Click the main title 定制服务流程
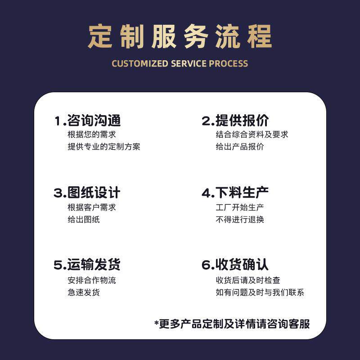pyautogui.click(x=180, y=36)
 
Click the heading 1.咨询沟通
pyautogui.click(x=87, y=121)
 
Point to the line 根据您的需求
pyautogui.click(x=92, y=135)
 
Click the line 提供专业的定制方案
pyautogui.click(x=104, y=147)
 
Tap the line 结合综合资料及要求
pyautogui.click(x=252, y=135)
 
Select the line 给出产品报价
pyautogui.click(x=240, y=147)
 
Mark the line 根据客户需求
pyautogui.click(x=92, y=207)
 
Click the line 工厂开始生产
pyautogui.click(x=240, y=207)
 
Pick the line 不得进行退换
pyautogui.click(x=240, y=220)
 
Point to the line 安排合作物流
pyautogui.click(x=92, y=280)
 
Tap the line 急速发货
pyautogui.click(x=84, y=292)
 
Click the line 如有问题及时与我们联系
pyautogui.click(x=260, y=292)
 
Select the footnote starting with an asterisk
pyautogui.click(x=232, y=324)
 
